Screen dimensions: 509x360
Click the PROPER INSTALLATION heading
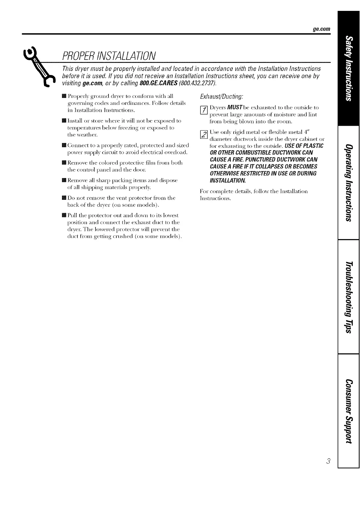point(109,56)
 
